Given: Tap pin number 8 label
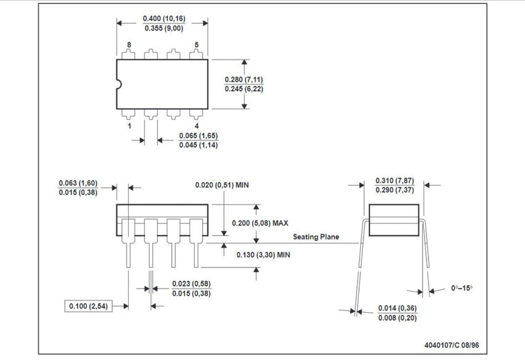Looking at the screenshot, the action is [129, 45].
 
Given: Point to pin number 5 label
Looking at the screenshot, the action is [196, 45].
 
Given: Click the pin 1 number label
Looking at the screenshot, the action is [129, 126].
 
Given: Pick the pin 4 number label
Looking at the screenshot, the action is [196, 126].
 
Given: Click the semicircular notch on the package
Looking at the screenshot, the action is [119, 85].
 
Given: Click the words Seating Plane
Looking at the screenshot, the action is [316, 237].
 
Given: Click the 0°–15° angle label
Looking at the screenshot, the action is [462, 288].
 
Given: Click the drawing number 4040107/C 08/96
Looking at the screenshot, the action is [451, 345].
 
